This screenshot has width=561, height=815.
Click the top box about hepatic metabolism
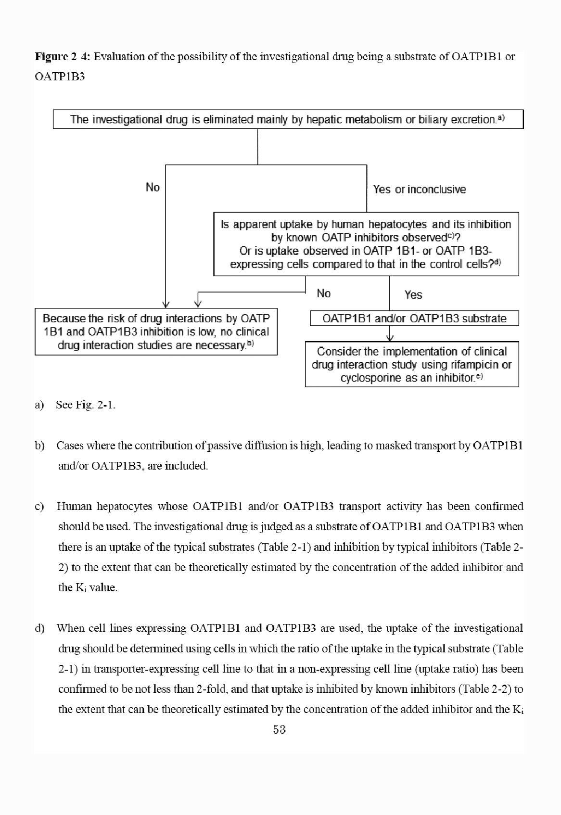[288, 119]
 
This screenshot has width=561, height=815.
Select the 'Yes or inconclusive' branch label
[419, 190]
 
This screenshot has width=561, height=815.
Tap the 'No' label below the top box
[153, 187]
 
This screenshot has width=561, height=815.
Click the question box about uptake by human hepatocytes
[366, 244]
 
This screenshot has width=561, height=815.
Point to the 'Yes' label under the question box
[413, 295]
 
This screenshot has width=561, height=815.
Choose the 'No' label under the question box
[323, 293]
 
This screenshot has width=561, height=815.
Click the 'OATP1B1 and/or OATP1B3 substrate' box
[414, 318]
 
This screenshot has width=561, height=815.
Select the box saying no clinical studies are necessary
[156, 331]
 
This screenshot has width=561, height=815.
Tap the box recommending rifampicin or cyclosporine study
[412, 365]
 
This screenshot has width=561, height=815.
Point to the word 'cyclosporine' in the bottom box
[371, 378]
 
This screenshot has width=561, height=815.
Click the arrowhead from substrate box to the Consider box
[390, 337]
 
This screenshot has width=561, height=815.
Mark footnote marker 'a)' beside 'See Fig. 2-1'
[39, 405]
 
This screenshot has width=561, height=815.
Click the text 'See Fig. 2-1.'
[86, 405]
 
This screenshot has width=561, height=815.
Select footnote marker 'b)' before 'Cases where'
[39, 446]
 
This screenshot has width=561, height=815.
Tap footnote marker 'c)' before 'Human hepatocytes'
[39, 506]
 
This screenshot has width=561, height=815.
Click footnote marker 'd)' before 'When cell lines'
[39, 628]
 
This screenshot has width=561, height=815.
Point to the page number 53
[279, 730]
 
